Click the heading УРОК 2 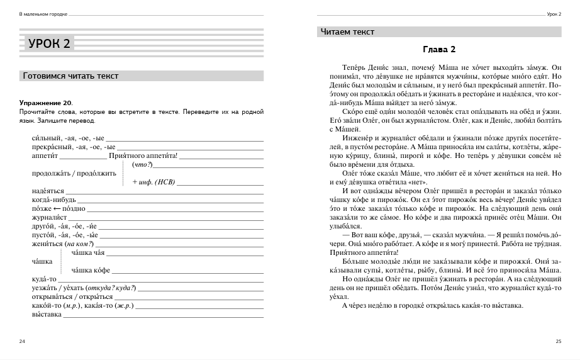click(x=50, y=43)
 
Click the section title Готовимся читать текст click(x=70, y=76)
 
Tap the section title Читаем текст click(x=347, y=32)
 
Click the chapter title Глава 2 click(x=438, y=50)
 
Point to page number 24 click(x=23, y=341)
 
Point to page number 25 click(x=558, y=341)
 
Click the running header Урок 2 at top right click(x=554, y=14)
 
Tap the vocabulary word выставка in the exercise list click(x=47, y=314)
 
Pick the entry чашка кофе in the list click(x=91, y=270)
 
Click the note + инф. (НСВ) click(x=153, y=182)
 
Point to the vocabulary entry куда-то click(x=44, y=279)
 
